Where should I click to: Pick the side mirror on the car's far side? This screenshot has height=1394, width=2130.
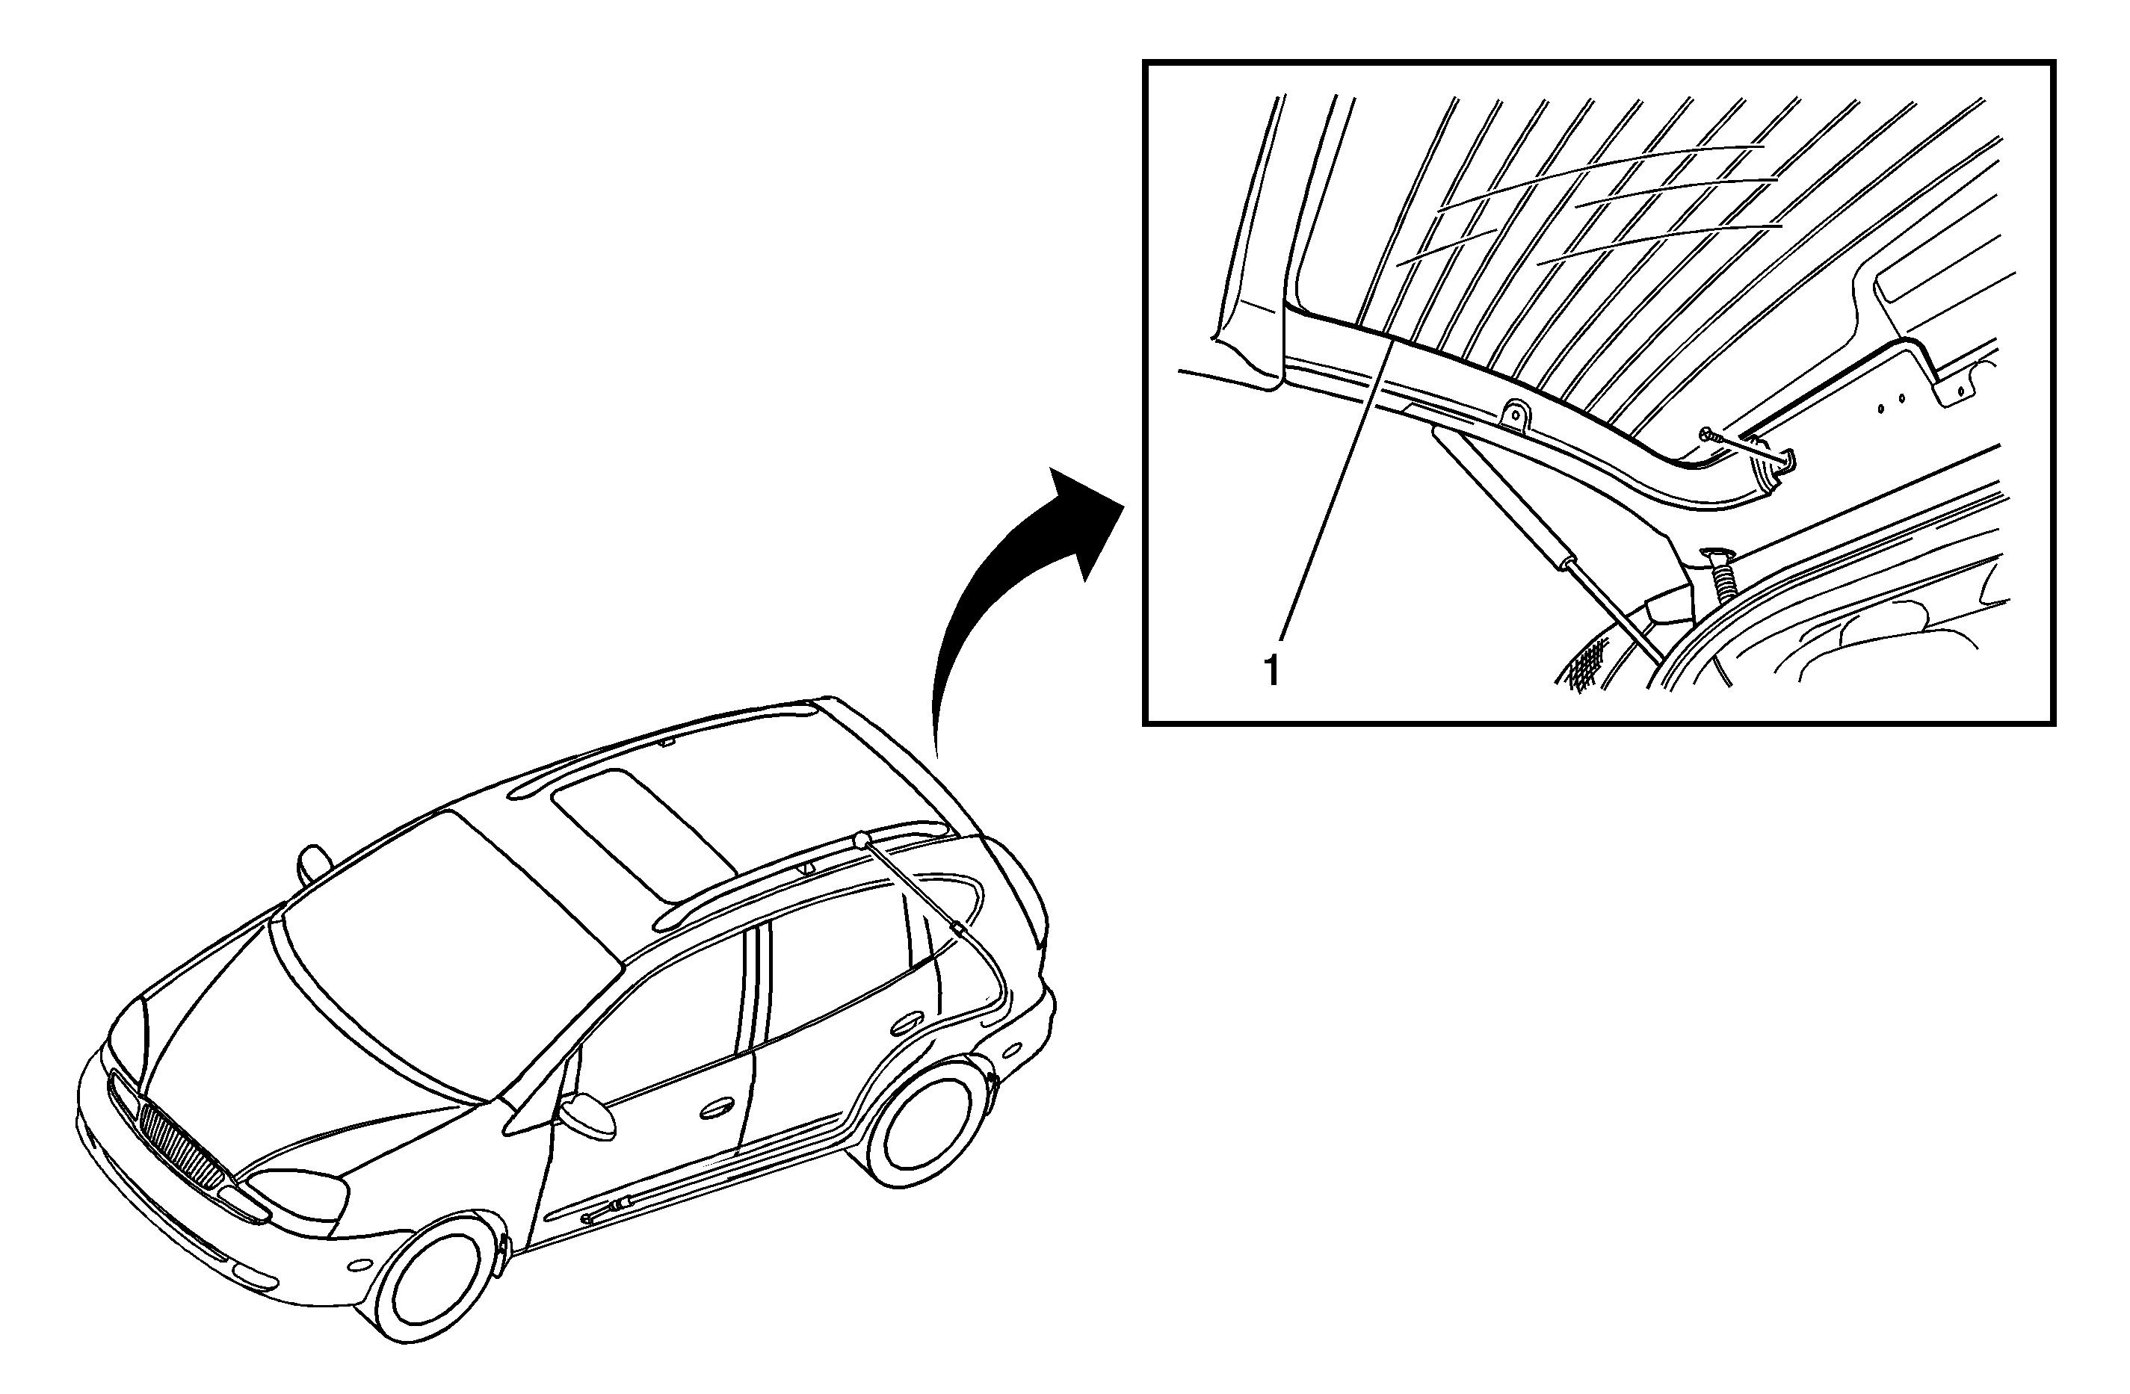pyautogui.click(x=313, y=864)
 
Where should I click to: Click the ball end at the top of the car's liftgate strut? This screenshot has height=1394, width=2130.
pyautogui.click(x=861, y=838)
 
